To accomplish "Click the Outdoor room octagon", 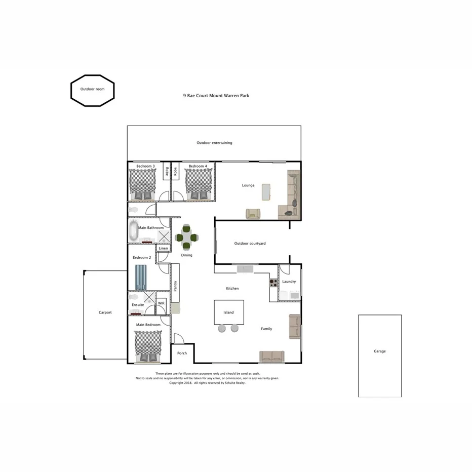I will (x=92, y=91).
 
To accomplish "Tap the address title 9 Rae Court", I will (x=216, y=95).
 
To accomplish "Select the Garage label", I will (x=379, y=351).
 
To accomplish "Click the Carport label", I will (x=105, y=312).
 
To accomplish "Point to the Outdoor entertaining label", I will (x=214, y=143).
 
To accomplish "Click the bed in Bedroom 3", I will (x=142, y=184).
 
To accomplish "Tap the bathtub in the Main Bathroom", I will (x=134, y=231).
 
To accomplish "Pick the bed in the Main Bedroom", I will (x=148, y=346).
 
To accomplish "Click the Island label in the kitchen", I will (x=228, y=312).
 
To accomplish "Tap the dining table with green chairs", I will (x=186, y=237).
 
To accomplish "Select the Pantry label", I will (x=175, y=286).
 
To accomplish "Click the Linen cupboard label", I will (x=163, y=248).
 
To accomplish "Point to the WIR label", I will (x=162, y=302).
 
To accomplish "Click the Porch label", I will (x=182, y=353).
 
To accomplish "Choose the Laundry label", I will (x=289, y=282).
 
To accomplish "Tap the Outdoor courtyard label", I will (x=250, y=244).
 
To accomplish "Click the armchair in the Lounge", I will (x=253, y=214).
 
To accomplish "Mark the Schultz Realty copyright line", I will (x=207, y=383).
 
